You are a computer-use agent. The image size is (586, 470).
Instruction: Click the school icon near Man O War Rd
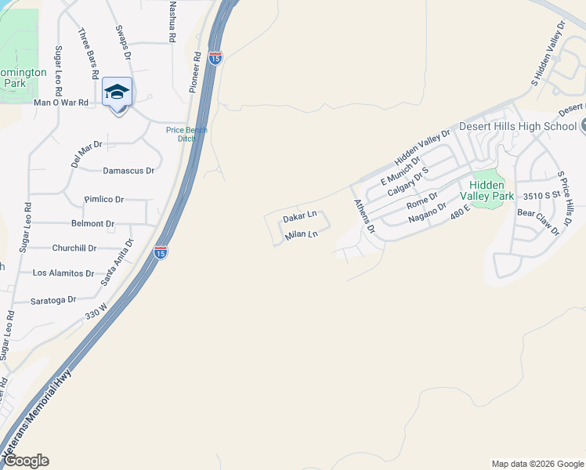point(117,92)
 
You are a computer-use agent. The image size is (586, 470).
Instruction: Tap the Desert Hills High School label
point(518,126)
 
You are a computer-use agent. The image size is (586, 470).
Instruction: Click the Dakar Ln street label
point(300,215)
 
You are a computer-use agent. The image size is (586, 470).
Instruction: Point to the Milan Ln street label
point(302,234)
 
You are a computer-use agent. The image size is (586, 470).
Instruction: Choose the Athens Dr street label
point(364,217)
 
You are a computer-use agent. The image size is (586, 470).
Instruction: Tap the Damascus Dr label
point(128,170)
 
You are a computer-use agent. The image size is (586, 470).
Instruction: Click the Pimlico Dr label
point(104,200)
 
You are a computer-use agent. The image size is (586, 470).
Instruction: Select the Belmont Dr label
point(92,223)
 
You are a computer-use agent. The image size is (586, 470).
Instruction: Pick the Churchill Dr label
point(74,248)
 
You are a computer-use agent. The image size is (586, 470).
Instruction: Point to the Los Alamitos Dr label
point(63,273)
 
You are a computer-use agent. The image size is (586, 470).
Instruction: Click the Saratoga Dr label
point(53,300)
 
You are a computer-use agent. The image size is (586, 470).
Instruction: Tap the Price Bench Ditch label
point(186,134)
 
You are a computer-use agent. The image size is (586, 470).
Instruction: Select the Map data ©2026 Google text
point(537,464)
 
